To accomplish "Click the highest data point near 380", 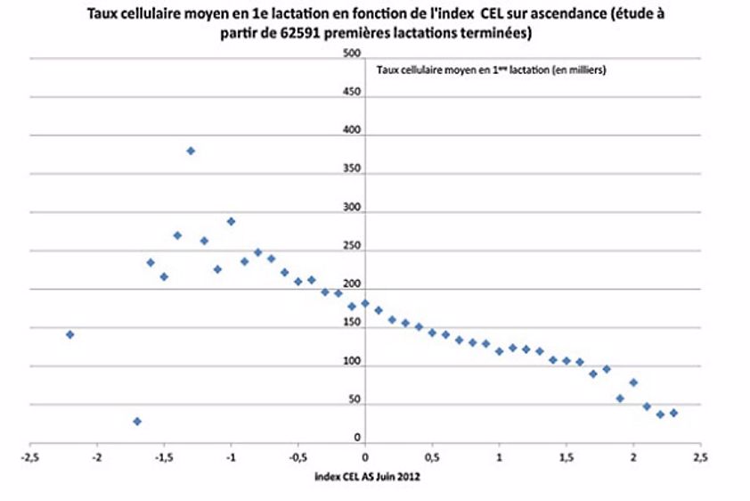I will pos(191,151).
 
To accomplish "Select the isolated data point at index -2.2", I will pos(69,334).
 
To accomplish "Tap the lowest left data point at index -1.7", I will pos(137,421).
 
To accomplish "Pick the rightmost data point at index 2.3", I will pos(673,413).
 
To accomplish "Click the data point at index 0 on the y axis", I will pos(365,303).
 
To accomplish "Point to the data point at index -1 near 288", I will pos(231,221).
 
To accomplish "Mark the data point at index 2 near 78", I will pos(633,382).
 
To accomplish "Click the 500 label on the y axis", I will pos(352,53).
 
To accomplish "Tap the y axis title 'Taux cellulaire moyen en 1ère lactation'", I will pos(491,70).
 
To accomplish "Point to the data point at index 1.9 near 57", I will pos(620,398).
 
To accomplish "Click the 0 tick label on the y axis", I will pos(356,438).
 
